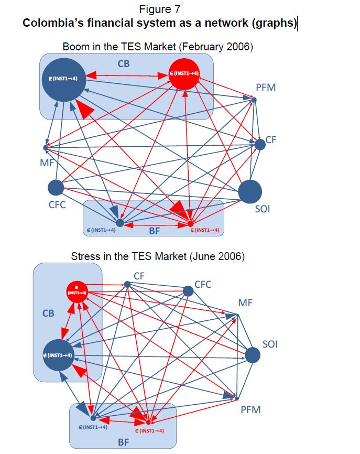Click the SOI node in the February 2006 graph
(250, 191)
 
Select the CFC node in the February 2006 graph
(56, 187)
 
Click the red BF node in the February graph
(191, 224)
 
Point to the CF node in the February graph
(260, 144)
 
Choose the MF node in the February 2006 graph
(46, 148)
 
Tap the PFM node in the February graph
(254, 100)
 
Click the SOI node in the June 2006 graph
(253, 355)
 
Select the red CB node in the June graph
(77, 291)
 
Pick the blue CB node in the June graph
(58, 355)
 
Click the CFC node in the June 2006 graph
(189, 291)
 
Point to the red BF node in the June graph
(148, 422)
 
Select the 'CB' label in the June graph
(48, 314)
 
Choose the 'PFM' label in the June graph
(250, 409)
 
